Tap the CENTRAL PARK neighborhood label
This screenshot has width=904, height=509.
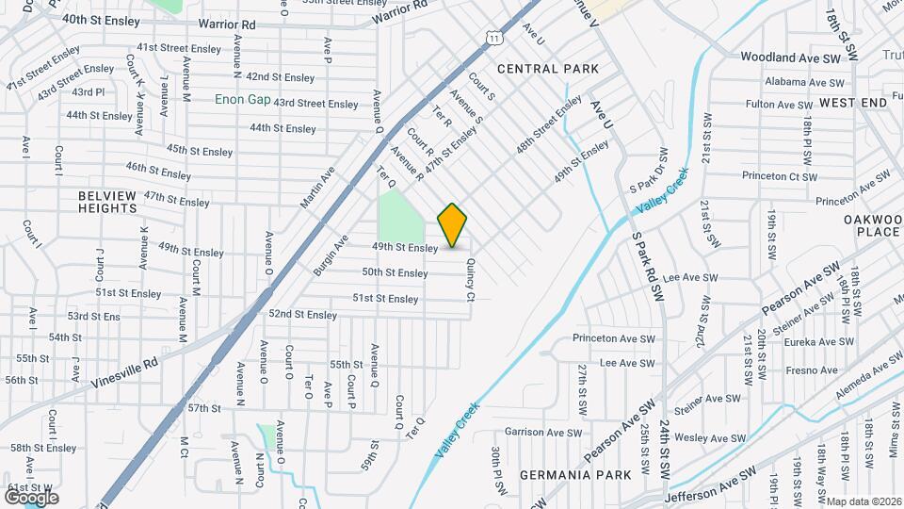pyautogui.click(x=548, y=69)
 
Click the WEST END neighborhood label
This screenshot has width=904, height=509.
pyautogui.click(x=852, y=102)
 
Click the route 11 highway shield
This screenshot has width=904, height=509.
pyautogui.click(x=494, y=37)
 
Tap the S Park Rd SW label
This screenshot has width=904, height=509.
pyautogui.click(x=649, y=268)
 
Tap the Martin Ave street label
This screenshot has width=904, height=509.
pyautogui.click(x=318, y=188)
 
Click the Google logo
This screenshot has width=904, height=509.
pyautogui.click(x=31, y=497)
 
